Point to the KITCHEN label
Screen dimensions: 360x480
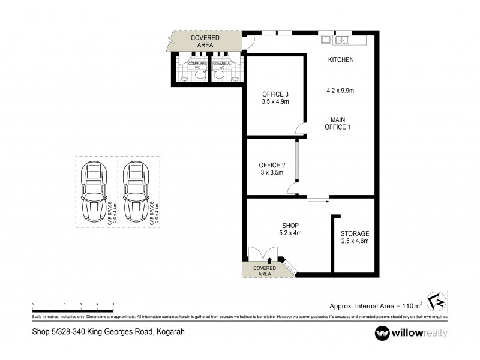(x=340, y=60)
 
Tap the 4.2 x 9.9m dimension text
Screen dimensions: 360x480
(x=340, y=91)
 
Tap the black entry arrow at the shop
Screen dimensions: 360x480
(x=270, y=260)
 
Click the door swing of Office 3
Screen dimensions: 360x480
(x=299, y=127)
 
